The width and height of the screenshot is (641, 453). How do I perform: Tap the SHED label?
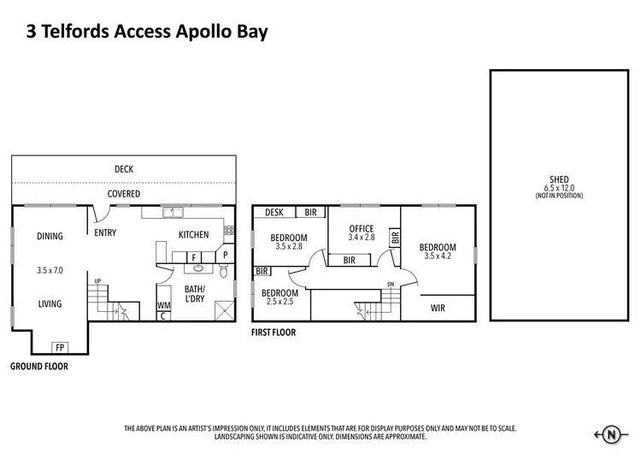click(x=558, y=180)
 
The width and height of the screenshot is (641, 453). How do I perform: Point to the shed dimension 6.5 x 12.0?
click(x=558, y=189)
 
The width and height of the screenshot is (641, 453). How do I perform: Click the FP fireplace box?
click(x=61, y=347)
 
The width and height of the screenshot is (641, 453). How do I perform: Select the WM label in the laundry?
click(x=163, y=305)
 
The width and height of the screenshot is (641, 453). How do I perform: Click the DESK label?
click(x=274, y=212)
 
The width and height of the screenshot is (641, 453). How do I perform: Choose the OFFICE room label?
click(x=362, y=228)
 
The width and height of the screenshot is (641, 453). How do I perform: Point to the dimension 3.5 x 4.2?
click(x=437, y=256)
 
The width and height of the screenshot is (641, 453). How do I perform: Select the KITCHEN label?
click(x=193, y=234)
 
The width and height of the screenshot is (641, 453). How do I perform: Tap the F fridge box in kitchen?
click(x=194, y=256)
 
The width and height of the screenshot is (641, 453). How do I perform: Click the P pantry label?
click(x=225, y=255)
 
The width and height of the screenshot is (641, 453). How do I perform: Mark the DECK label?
click(x=124, y=169)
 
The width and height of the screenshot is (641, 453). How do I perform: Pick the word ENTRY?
click(x=105, y=232)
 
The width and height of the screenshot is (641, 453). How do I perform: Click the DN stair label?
click(x=391, y=285)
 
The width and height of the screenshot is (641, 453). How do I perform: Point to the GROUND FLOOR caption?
click(x=39, y=366)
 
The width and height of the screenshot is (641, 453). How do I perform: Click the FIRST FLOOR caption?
click(x=273, y=332)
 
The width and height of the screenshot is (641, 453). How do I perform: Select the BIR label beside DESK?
click(x=310, y=212)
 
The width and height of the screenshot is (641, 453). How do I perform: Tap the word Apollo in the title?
click(x=191, y=32)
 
